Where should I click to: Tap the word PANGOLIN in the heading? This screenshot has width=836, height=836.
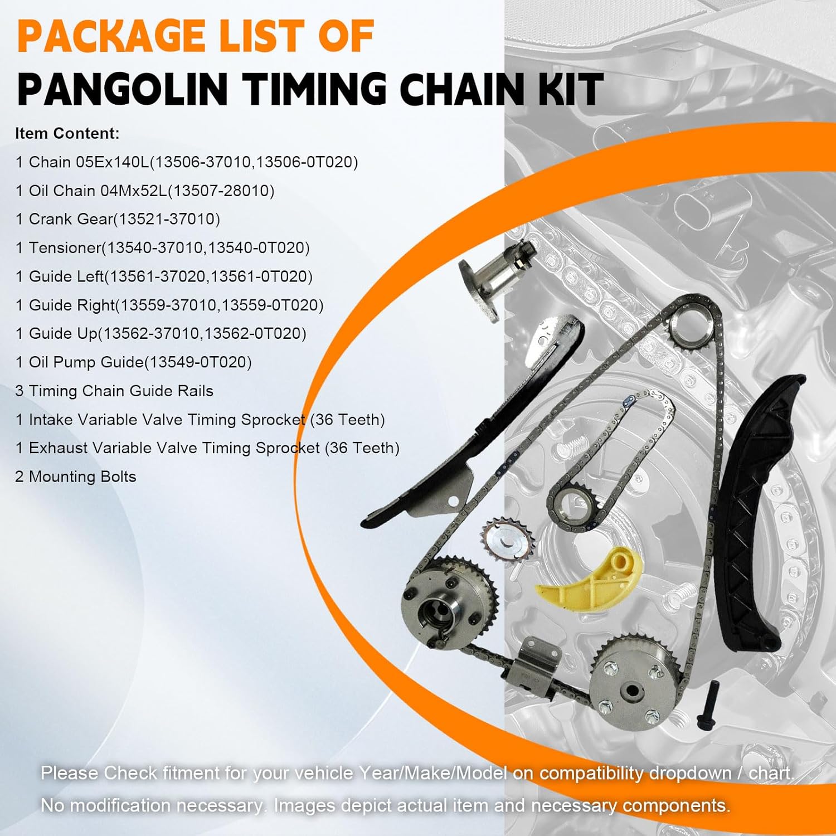coord(123,89)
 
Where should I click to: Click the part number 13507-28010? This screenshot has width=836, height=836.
coord(221,191)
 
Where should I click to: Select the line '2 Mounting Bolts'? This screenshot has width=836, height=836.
coord(76,477)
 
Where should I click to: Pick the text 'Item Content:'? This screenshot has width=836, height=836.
coord(67,134)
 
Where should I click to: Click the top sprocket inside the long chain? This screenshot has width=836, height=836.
coord(691,329)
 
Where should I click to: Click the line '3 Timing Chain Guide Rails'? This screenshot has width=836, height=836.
coord(114,391)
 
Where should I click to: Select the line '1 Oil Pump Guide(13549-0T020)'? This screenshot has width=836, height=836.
coord(134,362)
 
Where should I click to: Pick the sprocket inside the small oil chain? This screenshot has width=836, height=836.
coord(574,502)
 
